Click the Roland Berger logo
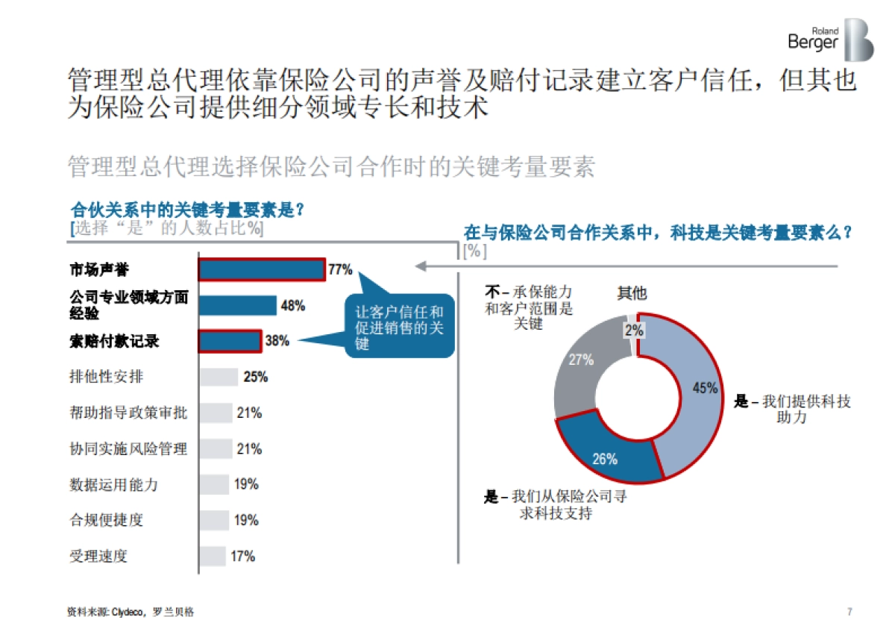(829, 40)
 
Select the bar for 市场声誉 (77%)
(261, 269)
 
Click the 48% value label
(292, 305)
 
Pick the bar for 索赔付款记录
(230, 341)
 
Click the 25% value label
(255, 377)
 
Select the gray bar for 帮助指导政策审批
(216, 413)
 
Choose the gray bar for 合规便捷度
(214, 520)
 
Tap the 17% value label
(243, 556)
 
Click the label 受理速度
(98, 556)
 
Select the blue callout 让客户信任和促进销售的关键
(400, 329)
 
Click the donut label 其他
(632, 293)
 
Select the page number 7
(850, 611)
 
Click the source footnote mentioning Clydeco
(131, 611)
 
